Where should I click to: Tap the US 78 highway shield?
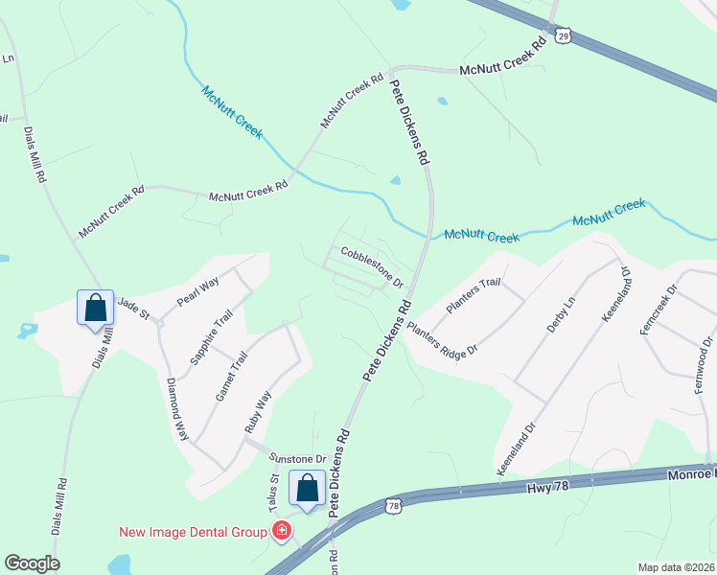393,504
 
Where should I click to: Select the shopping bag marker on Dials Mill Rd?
95,309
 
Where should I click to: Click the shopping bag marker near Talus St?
307,489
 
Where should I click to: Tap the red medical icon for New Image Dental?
282,531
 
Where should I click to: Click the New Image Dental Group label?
196,532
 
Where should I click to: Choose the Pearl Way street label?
198,292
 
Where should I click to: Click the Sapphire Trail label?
205,339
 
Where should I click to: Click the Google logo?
31,563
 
